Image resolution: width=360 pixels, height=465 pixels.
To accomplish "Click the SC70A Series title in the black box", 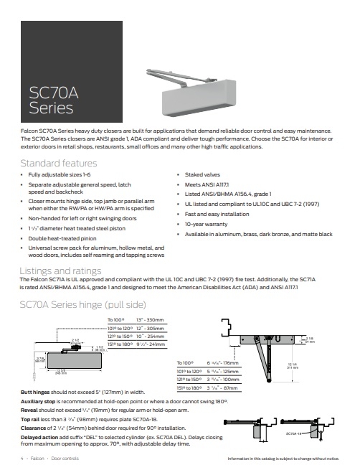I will click(50, 100).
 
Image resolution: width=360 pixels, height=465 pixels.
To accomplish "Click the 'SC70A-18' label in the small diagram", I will click(293, 433).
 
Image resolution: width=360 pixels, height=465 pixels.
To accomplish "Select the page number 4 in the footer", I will click(22, 457).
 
